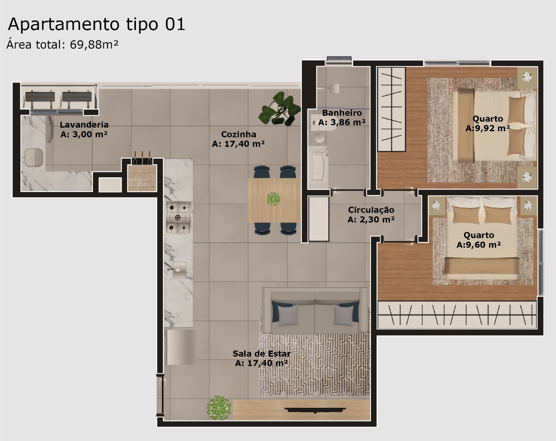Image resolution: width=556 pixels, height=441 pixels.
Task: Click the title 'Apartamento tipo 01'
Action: [96, 25]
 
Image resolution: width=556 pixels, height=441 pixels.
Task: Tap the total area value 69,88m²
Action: [94, 44]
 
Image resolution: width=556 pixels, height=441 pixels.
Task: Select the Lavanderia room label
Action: [84, 125]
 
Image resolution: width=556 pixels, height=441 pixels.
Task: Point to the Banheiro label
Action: [342, 113]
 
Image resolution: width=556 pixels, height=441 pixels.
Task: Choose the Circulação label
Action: [371, 210]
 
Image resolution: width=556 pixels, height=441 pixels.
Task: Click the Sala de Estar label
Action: [261, 354]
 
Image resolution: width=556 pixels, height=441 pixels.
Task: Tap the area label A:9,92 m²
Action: [487, 128]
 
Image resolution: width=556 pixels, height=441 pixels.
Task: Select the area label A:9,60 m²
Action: [479, 245]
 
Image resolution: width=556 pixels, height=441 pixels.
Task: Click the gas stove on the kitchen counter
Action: [178, 217]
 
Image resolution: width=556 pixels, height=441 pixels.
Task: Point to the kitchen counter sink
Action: [179, 270]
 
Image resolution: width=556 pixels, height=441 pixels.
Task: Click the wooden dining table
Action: [274, 200]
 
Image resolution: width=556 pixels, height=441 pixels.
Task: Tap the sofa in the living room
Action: [315, 311]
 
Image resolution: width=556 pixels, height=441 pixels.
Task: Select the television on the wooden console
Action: [315, 410]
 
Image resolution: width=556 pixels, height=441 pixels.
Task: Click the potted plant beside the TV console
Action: [218, 408]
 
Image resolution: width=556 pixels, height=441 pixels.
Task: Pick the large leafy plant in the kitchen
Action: [280, 109]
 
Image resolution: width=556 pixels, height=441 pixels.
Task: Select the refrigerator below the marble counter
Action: [180, 347]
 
